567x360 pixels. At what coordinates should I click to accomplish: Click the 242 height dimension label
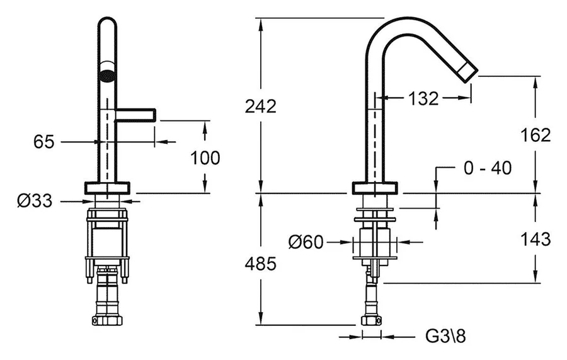tap(260, 106)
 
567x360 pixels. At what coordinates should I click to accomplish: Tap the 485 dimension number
tap(260, 264)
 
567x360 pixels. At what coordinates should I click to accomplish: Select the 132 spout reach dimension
tap(423, 98)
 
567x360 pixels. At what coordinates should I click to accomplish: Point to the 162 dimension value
tap(535, 136)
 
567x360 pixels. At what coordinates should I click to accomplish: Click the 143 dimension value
tap(535, 239)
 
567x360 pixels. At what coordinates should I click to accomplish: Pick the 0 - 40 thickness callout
tap(488, 168)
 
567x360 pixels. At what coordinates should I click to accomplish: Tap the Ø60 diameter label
tap(306, 241)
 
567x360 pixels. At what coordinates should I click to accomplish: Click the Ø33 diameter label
tap(35, 200)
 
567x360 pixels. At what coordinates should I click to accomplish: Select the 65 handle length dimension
tap(43, 141)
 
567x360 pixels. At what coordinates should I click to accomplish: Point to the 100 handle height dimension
tap(205, 158)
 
